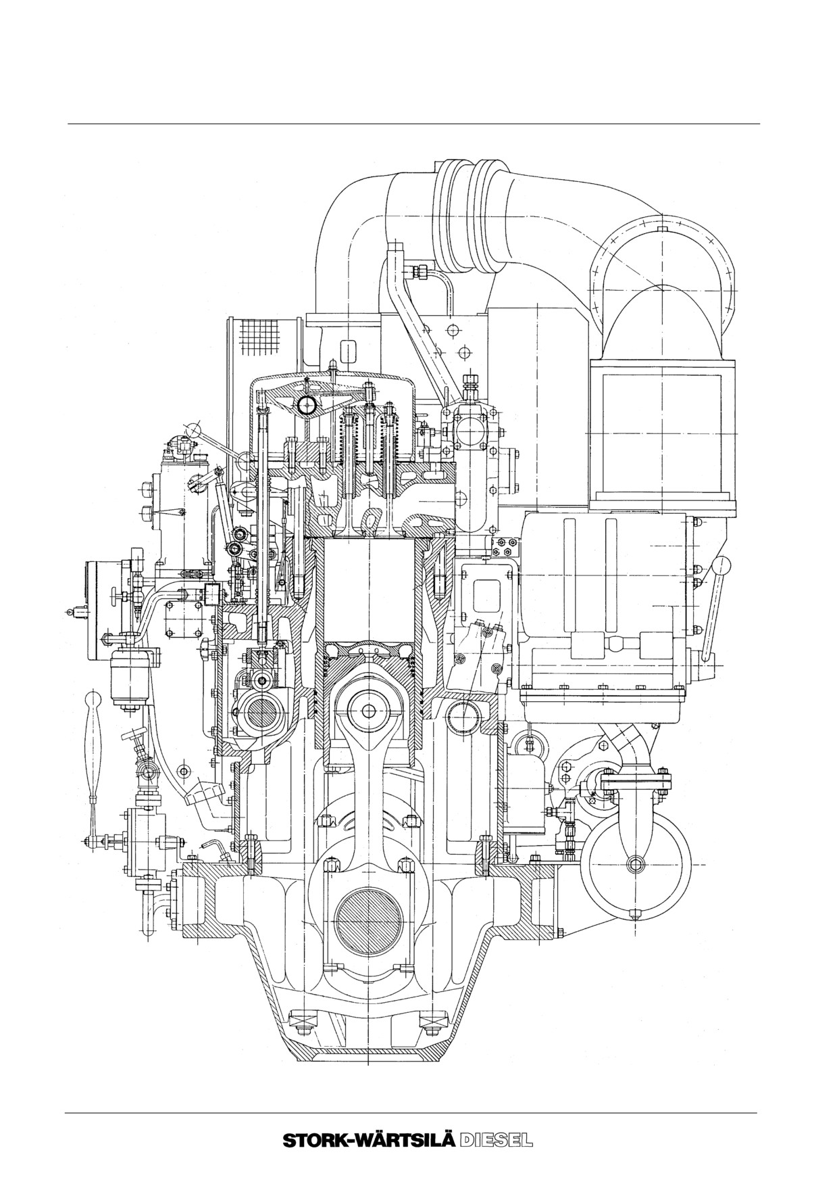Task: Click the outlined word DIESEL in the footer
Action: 496,1139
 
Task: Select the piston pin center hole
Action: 368,711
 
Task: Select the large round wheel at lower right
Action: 636,865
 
